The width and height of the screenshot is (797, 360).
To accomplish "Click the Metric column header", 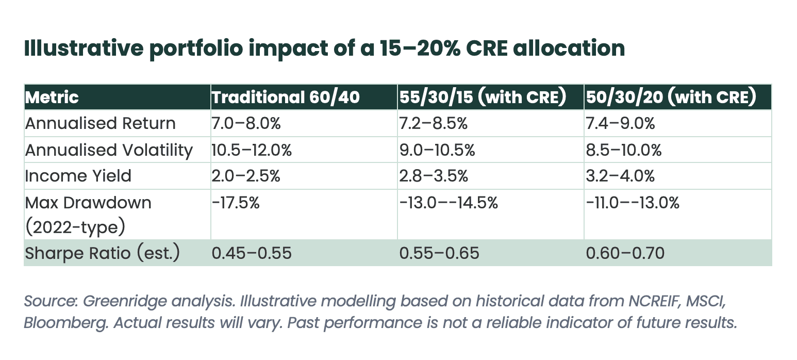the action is click(52, 97).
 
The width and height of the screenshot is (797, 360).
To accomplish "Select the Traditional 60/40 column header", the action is click(286, 97).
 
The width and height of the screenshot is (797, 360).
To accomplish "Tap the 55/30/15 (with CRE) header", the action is click(483, 97).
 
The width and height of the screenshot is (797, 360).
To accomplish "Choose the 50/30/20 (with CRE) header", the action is click(671, 97).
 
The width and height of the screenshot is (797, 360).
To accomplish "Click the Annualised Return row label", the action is click(101, 123).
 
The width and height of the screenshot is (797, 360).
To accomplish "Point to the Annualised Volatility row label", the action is click(109, 150).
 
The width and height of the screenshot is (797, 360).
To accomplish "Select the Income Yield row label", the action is click(78, 176).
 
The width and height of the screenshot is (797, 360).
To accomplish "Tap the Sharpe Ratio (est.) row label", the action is click(103, 253).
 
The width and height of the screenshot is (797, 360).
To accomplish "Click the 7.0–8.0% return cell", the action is click(246, 124).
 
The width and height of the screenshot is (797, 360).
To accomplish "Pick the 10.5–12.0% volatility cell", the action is click(252, 150).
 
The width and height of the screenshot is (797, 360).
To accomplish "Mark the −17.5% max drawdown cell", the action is click(236, 203).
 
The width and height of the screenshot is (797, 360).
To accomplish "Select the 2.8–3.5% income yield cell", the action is click(434, 176).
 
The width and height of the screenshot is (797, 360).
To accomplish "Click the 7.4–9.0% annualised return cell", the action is click(620, 124).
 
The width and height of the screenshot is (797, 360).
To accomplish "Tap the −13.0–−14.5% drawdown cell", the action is click(449, 203).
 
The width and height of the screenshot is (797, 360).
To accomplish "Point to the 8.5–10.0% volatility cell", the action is click(624, 150).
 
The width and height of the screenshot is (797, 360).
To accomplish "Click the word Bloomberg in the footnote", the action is click(66, 323).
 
